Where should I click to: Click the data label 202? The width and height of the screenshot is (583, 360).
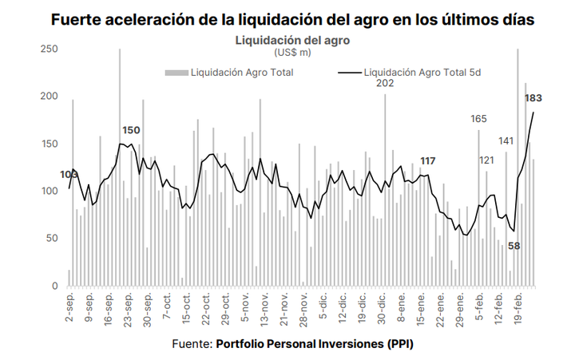pyautogui.click(x=386, y=84)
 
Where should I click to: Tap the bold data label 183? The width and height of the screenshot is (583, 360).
pyautogui.click(x=533, y=98)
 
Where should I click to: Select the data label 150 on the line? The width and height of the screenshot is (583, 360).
pyautogui.click(x=131, y=130)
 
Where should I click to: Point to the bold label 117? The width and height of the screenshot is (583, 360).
pyautogui.click(x=428, y=161)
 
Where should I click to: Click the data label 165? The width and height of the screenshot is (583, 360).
pyautogui.click(x=478, y=119)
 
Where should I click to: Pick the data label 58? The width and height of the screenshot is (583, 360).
pyautogui.click(x=514, y=246)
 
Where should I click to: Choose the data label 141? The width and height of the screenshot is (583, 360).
pyautogui.click(x=506, y=141)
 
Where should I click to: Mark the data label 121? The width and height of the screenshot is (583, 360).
pyautogui.click(x=487, y=160)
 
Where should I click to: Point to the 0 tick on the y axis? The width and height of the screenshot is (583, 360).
pyautogui.click(x=54, y=286)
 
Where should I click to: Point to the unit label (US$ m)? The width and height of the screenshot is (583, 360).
pyautogui.click(x=292, y=53)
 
